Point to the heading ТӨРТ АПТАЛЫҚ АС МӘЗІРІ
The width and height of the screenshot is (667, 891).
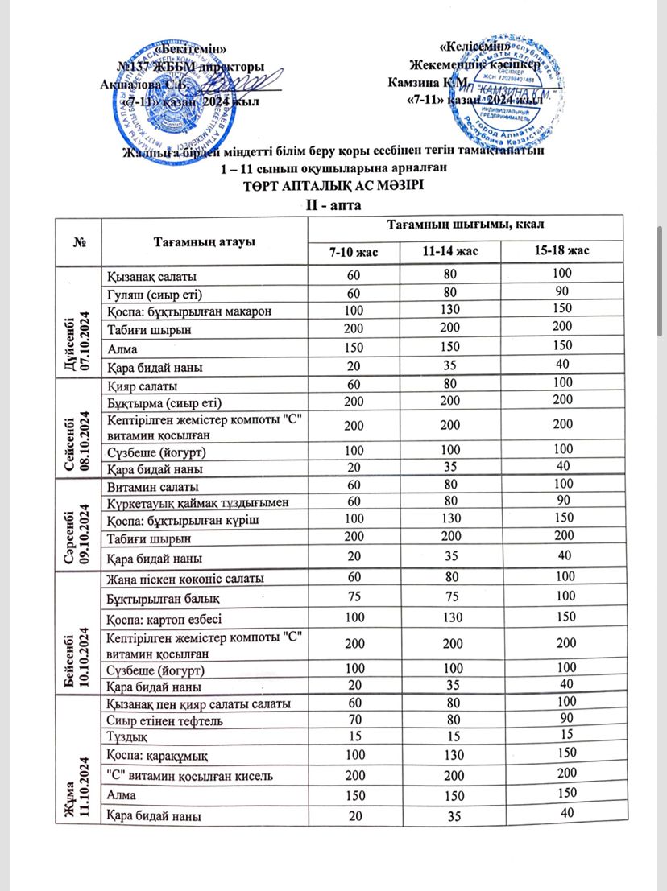coord(333,185)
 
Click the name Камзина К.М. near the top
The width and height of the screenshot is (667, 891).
coord(425,82)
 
